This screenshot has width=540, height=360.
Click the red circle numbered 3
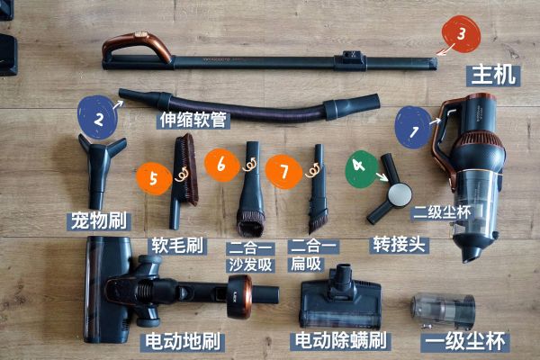(x=461, y=34)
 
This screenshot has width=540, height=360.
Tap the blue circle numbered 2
(x=98, y=118)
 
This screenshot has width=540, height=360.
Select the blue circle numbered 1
(x=413, y=127)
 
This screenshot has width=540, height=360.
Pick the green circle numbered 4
(x=361, y=169)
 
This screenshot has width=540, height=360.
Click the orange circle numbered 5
(x=154, y=178)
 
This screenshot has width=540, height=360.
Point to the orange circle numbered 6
(x=221, y=165)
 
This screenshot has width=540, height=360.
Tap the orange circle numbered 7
(x=283, y=171)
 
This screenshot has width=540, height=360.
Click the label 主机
(x=493, y=75)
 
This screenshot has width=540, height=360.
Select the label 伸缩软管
(x=193, y=120)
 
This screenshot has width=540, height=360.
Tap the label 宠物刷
(x=99, y=220)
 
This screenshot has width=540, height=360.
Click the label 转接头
(x=399, y=245)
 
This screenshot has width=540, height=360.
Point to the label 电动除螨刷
(x=341, y=341)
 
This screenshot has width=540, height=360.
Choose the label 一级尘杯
(x=465, y=342)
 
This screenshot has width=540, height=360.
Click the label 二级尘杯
(x=442, y=212)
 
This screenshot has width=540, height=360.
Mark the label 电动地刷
(x=183, y=342)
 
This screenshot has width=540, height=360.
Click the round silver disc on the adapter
(x=400, y=195)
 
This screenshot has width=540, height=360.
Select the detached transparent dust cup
(x=443, y=310)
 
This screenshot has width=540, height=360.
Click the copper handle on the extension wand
(x=137, y=47)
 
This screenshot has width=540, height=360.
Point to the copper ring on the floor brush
(x=240, y=296)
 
